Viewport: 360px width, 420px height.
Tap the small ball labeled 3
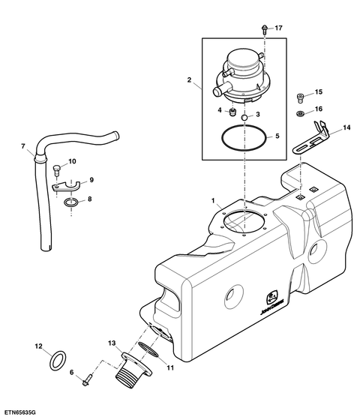click(244, 117)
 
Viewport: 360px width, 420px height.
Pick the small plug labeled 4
click(233, 112)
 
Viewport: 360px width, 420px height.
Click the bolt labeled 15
click(301, 97)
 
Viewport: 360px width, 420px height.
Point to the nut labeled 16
click(301, 113)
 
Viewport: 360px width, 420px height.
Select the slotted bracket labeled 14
click(311, 139)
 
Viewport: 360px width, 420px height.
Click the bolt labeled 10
click(56, 170)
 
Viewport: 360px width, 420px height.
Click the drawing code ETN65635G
click(18, 412)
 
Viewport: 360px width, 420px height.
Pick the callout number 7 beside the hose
click(22, 146)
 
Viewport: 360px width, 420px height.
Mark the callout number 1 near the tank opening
click(213, 201)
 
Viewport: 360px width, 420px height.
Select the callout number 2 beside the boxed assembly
click(189, 79)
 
